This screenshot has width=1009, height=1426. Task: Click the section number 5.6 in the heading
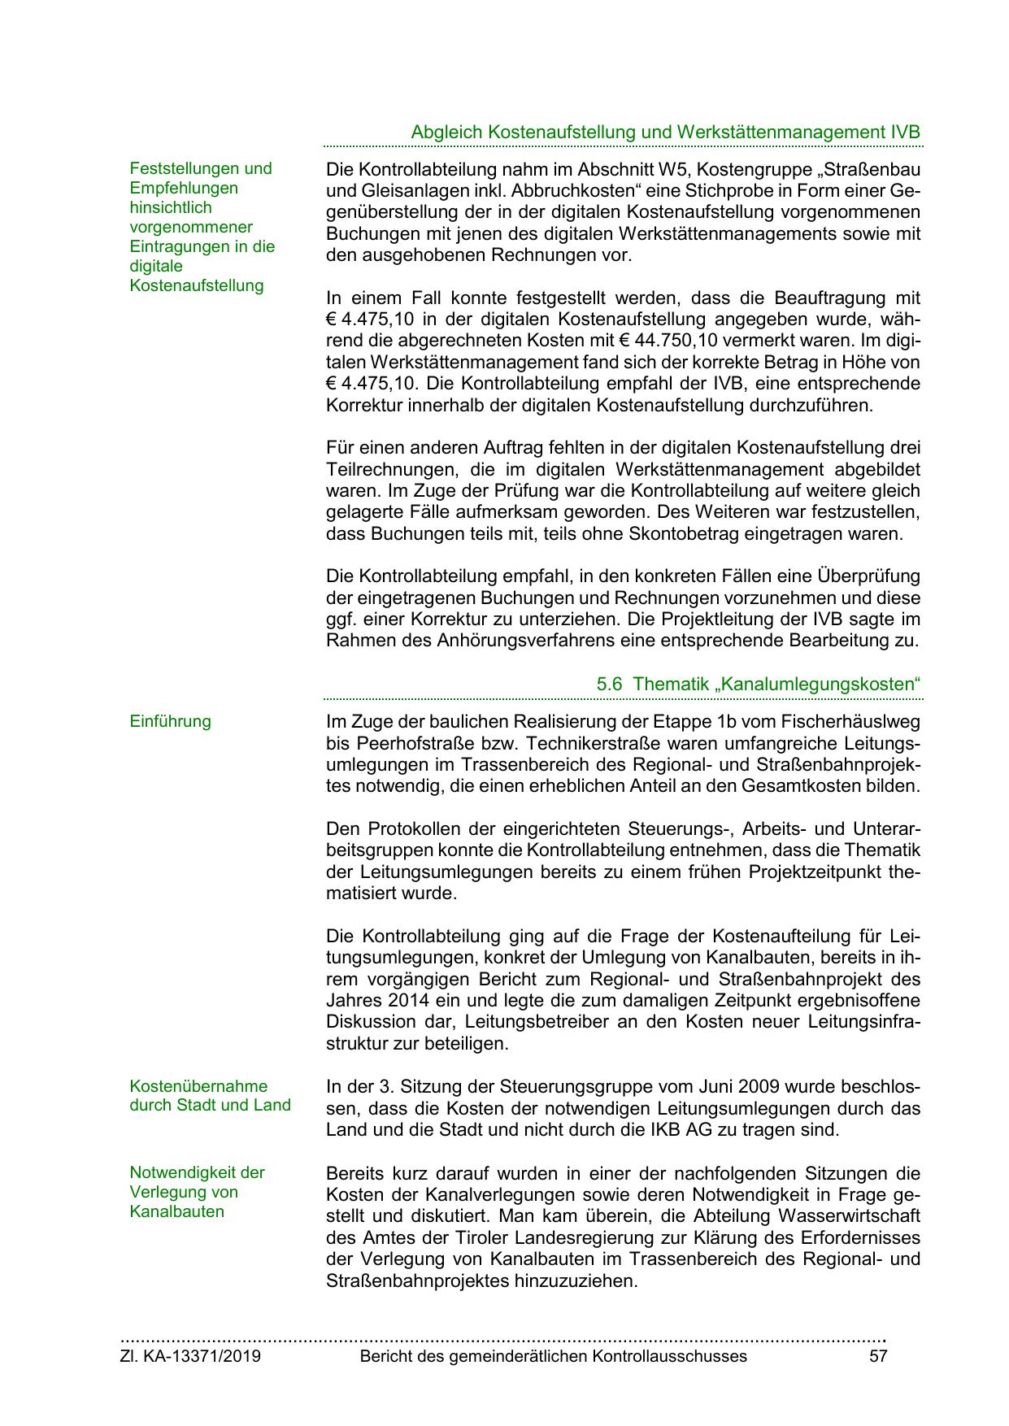pyautogui.click(x=609, y=684)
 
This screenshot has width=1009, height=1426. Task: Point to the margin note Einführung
pyautogui.click(x=170, y=721)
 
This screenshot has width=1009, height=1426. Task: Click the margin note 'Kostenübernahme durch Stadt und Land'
pyautogui.click(x=210, y=1096)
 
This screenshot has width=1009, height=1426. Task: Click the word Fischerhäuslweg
pyautogui.click(x=850, y=722)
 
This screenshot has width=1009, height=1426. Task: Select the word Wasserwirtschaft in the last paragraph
pyautogui.click(x=849, y=1216)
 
